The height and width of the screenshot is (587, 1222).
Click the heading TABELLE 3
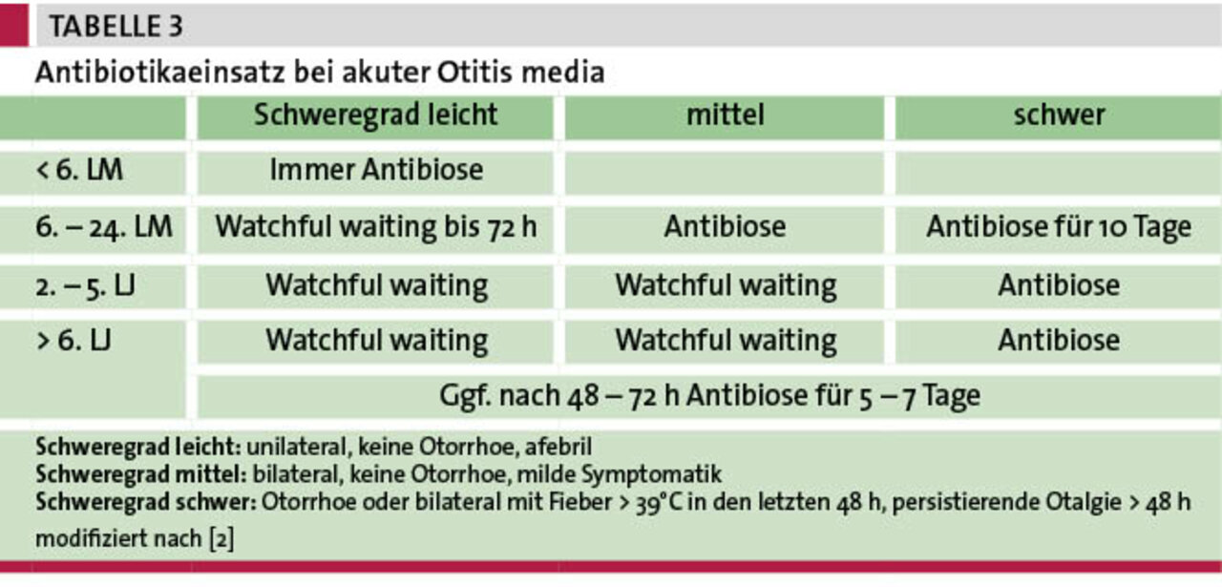tap(116, 26)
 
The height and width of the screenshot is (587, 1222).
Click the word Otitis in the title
tap(474, 72)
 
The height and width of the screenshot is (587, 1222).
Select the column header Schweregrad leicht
tap(375, 115)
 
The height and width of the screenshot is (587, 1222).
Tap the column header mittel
tap(725, 115)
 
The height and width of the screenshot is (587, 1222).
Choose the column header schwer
tap(1059, 115)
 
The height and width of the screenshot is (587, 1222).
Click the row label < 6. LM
tap(79, 170)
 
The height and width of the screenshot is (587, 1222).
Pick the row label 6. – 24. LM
tap(104, 227)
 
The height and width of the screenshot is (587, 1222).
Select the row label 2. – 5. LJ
tap(85, 285)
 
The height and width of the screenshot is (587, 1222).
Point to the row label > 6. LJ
tap(74, 341)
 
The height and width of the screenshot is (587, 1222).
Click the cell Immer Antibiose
tap(376, 170)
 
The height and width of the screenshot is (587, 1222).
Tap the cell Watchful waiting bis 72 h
tap(376, 227)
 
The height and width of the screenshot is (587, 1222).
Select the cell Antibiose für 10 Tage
tap(1059, 227)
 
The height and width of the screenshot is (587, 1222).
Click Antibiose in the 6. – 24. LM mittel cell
tap(725, 227)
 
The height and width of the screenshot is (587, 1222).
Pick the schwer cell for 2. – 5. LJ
tap(1059, 285)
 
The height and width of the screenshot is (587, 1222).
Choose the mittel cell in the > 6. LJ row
tap(726, 341)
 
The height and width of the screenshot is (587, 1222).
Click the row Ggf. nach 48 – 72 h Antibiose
tap(709, 396)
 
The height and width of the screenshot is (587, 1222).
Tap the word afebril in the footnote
tap(558, 447)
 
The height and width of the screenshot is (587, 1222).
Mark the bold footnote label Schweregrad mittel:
tap(141, 474)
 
